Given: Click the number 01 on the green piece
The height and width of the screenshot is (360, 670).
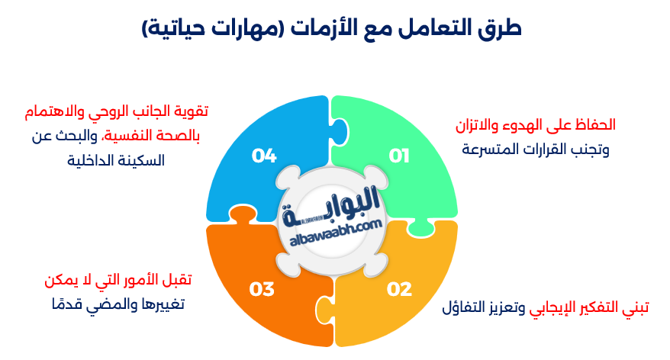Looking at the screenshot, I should tap(399, 156).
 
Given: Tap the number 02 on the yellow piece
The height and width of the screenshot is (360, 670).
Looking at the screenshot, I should tap(399, 289).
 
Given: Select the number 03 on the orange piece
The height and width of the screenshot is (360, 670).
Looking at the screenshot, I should tap(261, 289).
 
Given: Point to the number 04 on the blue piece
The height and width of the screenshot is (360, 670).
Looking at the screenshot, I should tap(263, 156).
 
